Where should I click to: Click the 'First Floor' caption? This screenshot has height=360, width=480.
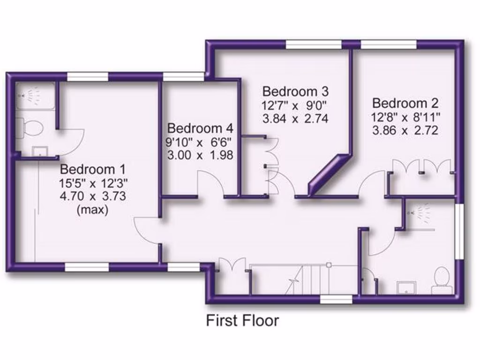click(x=242, y=321)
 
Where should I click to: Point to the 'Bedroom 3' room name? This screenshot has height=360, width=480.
click(x=295, y=91)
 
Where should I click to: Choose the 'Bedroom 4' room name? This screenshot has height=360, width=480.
click(x=200, y=128)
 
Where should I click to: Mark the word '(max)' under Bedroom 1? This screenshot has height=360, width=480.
click(x=92, y=210)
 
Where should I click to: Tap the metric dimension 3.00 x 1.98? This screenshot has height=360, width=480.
click(x=200, y=155)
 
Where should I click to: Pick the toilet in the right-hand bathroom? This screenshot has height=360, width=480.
click(x=442, y=280)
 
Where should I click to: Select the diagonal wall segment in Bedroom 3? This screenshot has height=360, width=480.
click(x=330, y=173)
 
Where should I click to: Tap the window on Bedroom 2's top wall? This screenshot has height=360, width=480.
click(x=389, y=44)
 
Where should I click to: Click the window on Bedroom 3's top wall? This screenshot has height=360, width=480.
click(x=314, y=44)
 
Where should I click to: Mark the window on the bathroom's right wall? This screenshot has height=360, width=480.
click(x=459, y=230)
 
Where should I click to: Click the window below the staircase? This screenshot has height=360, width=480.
click(x=336, y=299)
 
